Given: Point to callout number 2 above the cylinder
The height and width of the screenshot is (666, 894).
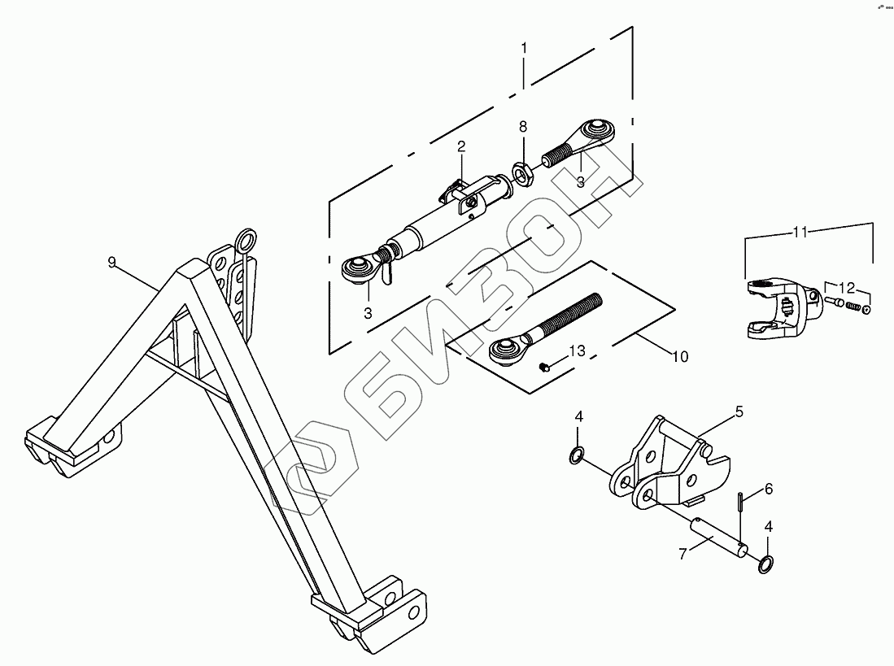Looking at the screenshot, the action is [x=461, y=146].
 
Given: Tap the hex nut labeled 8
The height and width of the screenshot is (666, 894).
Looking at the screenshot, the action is [x=522, y=172].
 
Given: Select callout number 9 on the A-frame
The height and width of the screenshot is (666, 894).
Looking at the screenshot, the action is [x=112, y=261].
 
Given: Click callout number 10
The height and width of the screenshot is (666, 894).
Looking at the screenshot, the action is [x=681, y=356].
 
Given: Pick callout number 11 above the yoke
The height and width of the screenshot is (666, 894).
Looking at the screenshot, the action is [x=800, y=232].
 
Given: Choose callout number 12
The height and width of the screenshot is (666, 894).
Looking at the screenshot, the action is [x=847, y=288].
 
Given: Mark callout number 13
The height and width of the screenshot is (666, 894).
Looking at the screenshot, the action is [x=577, y=350].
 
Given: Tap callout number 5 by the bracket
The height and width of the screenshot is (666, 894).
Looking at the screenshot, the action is [x=739, y=412].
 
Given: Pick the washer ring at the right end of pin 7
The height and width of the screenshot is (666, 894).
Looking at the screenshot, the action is [x=766, y=564].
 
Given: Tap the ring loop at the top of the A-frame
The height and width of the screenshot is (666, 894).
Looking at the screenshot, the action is [x=245, y=239].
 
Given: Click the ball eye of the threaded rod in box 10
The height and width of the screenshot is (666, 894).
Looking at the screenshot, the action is [x=504, y=353].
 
